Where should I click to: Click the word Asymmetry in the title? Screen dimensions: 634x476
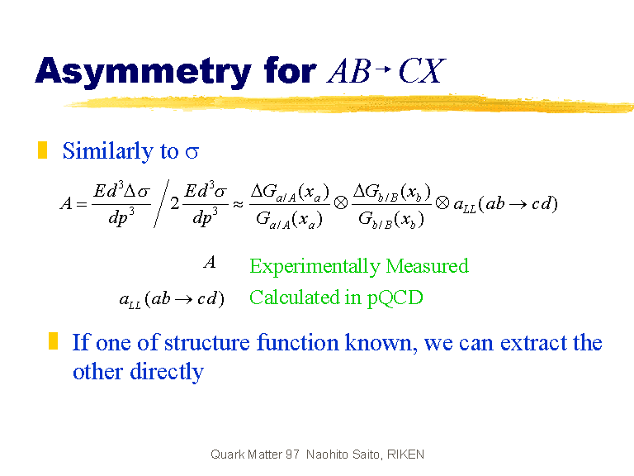(144, 72)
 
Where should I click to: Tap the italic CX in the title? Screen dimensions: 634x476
(422, 71)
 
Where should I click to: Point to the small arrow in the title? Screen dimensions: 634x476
(383, 69)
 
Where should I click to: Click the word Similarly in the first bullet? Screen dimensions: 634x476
(108, 151)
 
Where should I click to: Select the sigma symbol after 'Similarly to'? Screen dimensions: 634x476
(192, 153)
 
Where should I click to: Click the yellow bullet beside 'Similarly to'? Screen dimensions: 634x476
(42, 150)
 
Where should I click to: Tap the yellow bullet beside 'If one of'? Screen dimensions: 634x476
(53, 340)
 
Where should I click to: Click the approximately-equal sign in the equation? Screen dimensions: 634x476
(238, 203)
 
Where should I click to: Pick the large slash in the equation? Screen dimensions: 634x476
(161, 203)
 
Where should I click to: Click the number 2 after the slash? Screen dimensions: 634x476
(175, 203)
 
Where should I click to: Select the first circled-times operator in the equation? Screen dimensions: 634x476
(341, 202)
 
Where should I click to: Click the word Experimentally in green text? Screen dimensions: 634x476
(315, 267)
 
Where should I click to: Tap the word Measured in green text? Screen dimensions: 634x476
(427, 266)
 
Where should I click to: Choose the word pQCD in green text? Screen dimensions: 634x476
(395, 298)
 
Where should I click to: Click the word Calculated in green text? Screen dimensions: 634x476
(295, 297)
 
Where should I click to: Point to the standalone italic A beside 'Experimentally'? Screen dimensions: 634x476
(210, 262)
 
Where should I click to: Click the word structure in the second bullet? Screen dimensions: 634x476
(207, 342)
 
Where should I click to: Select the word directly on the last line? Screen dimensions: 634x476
(167, 372)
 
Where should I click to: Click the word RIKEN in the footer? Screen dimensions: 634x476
(405, 455)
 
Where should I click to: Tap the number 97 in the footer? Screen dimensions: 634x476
(292, 455)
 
